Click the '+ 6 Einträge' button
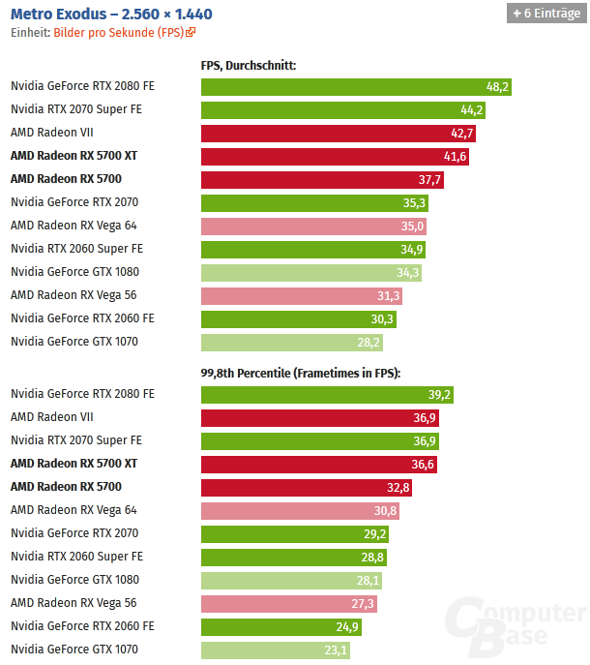546,14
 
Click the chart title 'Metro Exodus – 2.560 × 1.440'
111,14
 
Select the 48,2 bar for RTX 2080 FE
356,86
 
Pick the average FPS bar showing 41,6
335,156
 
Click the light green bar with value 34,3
311,272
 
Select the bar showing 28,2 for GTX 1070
292,342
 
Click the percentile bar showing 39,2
327,394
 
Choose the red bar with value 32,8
307,487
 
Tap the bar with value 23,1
276,650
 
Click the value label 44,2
472,109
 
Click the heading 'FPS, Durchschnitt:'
248,66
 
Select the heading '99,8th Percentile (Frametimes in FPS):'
300,374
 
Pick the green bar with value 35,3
314,202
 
